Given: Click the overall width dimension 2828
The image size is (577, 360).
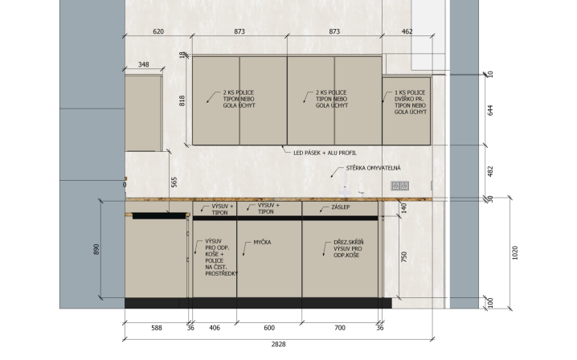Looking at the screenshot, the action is [278, 345].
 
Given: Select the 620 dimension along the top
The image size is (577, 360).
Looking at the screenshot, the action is [158, 31].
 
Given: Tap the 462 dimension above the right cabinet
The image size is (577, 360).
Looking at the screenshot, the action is [407, 31].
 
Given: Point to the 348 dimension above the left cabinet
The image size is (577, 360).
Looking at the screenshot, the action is [144, 65].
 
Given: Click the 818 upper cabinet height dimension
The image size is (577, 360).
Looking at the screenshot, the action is [182, 101].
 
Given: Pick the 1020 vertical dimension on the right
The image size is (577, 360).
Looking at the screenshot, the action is [515, 253].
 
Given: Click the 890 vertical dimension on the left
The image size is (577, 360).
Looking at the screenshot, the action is [96, 249].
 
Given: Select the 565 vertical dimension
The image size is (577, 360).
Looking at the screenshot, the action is [174, 182].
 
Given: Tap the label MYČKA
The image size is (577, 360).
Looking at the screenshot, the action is [262, 242].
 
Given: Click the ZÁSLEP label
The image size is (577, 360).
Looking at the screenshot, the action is [341, 207].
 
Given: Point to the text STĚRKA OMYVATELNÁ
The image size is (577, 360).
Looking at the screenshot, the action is [373, 168].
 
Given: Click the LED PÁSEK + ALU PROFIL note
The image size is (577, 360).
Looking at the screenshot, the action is [325, 153].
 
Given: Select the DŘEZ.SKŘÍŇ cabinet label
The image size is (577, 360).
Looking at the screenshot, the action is [349, 242].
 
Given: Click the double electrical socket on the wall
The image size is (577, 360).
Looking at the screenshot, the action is [399, 186].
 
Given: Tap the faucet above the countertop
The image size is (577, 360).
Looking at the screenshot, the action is [346, 186].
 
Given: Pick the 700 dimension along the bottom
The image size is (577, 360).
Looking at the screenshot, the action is [340, 328].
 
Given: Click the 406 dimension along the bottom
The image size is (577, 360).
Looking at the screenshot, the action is [215, 328].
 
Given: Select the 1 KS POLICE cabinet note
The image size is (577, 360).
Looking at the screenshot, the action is [410, 92].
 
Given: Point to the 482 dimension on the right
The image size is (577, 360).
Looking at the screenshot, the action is [490, 171].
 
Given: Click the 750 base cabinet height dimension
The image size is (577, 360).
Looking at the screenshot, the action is [404, 256].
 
